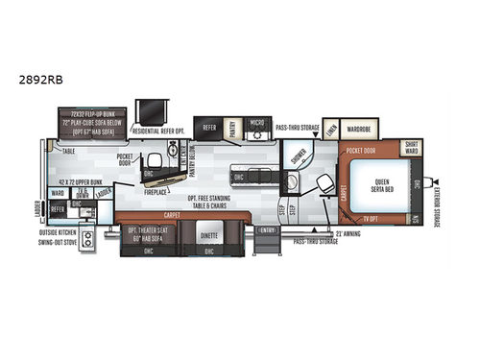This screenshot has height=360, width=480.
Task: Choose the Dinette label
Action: (207, 232)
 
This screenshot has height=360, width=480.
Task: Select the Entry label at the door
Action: (268, 229)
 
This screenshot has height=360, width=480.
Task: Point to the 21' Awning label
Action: (345, 233)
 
